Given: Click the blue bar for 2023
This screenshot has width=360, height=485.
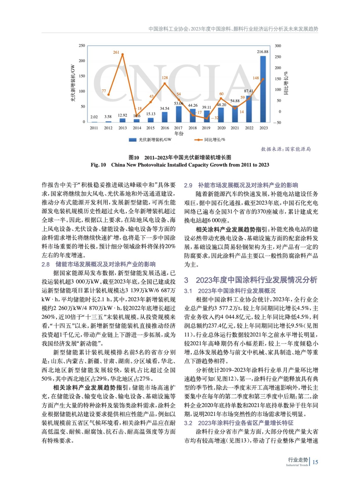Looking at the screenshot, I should (x=263, y=89).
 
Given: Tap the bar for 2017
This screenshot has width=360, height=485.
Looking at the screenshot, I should (x=178, y=114).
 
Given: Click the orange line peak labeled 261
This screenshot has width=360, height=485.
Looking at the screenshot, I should (x=122, y=55).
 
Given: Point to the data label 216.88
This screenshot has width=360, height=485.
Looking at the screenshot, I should (x=262, y=52).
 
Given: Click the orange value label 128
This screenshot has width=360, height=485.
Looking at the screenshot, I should (x=165, y=78).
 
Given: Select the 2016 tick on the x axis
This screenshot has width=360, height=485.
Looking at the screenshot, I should (x=165, y=128).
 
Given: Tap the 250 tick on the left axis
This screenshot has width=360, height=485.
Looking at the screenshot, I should (x=82, y=46).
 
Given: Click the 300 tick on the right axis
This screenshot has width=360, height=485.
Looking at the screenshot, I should (x=278, y=46).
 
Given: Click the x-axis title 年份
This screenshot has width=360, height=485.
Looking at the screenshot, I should (x=179, y=133).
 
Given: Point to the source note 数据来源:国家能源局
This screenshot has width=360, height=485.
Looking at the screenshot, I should (x=286, y=149).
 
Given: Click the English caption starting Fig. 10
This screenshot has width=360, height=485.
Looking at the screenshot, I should (x=180, y=165).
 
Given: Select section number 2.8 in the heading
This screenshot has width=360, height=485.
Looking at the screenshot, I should (x=45, y=264).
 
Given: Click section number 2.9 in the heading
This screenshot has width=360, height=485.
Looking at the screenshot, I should (x=188, y=185).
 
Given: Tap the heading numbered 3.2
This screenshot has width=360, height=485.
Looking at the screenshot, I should (x=239, y=423).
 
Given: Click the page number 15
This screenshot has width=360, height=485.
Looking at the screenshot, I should (x=315, y=462).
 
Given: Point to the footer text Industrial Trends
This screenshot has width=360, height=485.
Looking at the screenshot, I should (x=297, y=465).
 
